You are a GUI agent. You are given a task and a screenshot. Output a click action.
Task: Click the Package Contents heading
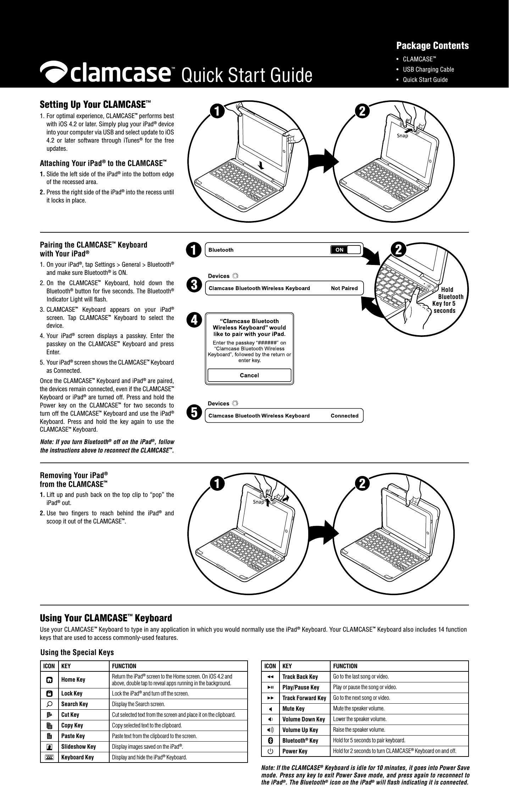[x=432, y=46]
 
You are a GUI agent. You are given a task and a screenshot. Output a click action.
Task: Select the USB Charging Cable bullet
[x=428, y=69]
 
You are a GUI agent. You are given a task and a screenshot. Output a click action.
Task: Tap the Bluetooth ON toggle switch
[x=345, y=250]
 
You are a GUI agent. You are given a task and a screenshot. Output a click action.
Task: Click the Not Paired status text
[x=344, y=288]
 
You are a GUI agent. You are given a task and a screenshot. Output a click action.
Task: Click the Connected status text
[x=344, y=416]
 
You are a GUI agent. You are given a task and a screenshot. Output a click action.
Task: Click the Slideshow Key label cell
[x=78, y=746]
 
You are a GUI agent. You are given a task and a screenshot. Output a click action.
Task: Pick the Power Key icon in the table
[x=270, y=751]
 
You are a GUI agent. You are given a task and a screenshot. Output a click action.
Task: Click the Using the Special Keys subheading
[x=77, y=652]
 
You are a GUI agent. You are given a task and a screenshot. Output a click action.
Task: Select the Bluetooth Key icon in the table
[x=270, y=740]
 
